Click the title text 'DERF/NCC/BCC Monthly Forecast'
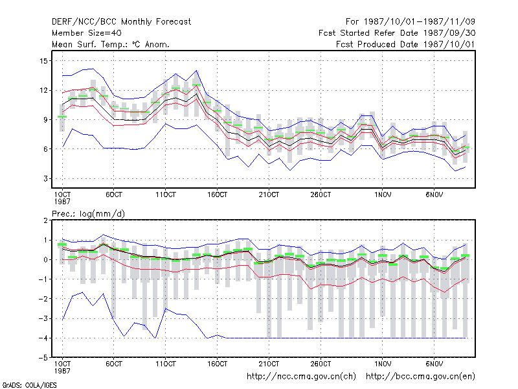tap(121, 22)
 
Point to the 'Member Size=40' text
tap(87, 33)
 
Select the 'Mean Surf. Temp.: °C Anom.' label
tap(111, 44)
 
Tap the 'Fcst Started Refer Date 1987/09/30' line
tap(397, 33)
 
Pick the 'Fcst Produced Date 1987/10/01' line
tap(406, 44)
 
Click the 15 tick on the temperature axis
tap(43, 61)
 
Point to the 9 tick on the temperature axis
tap(45, 120)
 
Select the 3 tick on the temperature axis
tap(45, 179)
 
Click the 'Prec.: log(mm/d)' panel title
tap(89, 214)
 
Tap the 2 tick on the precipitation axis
tap(45, 220)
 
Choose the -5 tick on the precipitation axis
tap(43, 358)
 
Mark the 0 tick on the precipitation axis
tap(45, 260)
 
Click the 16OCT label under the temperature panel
tap(218, 195)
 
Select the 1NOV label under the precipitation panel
tap(383, 364)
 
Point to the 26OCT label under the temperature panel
tap(321, 195)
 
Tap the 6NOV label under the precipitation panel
tap(434, 364)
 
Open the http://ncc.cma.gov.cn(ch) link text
tap(302, 377)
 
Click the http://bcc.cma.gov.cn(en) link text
tap(420, 377)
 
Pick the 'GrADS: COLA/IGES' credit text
tap(29, 385)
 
